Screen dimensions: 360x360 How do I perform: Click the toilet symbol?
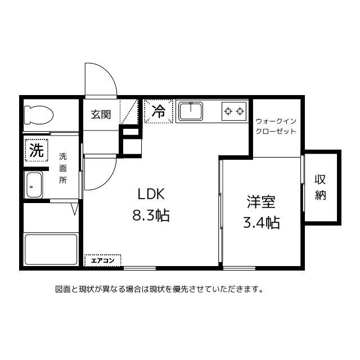tap(39, 115)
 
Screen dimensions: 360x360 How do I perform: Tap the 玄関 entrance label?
tap(101, 115)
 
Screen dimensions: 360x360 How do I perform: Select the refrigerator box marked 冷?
tap(159, 111)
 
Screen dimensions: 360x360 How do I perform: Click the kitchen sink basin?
tap(191, 111)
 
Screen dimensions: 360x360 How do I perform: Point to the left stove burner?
tap(228, 111)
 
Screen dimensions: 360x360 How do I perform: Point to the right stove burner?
tap(240, 111)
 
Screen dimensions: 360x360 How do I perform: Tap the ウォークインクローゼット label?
tap(276, 126)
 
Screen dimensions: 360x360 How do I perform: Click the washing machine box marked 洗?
tap(37, 150)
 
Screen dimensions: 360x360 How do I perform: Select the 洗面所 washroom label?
tap(63, 168)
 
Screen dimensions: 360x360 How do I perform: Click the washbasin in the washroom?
tap(34, 185)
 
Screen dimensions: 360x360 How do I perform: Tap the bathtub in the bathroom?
tap(51, 249)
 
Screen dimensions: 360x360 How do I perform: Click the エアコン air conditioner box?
tap(102, 260)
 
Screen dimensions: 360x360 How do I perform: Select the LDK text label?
tap(151, 194)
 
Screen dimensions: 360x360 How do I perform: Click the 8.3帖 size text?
tap(151, 215)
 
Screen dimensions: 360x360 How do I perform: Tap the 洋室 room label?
tap(261, 202)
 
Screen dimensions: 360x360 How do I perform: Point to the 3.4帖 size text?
tap(261, 223)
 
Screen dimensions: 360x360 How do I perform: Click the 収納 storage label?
tap(320, 187)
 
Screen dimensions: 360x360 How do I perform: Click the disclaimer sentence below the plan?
tap(159, 289)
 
